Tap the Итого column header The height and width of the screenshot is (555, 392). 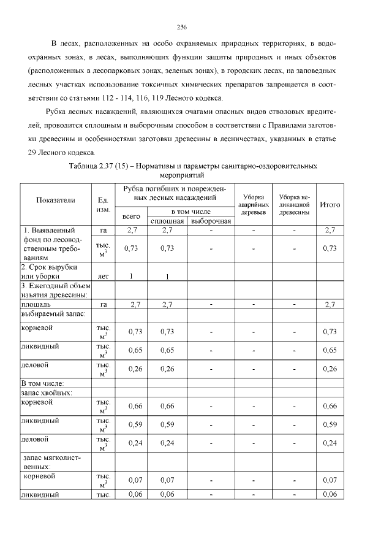coord(331,204)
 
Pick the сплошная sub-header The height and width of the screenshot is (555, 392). coord(167,221)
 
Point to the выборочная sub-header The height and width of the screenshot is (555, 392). coord(210,221)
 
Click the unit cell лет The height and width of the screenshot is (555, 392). coord(103,276)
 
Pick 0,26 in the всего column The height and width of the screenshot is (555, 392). coord(135,369)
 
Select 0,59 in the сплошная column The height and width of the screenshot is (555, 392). coord(167,424)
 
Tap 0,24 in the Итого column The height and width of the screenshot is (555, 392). coord(331,443)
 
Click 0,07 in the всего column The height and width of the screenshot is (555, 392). coord(135,480)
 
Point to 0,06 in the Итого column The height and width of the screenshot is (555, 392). coord(331,494)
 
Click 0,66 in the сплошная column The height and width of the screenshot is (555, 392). coord(167,406)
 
